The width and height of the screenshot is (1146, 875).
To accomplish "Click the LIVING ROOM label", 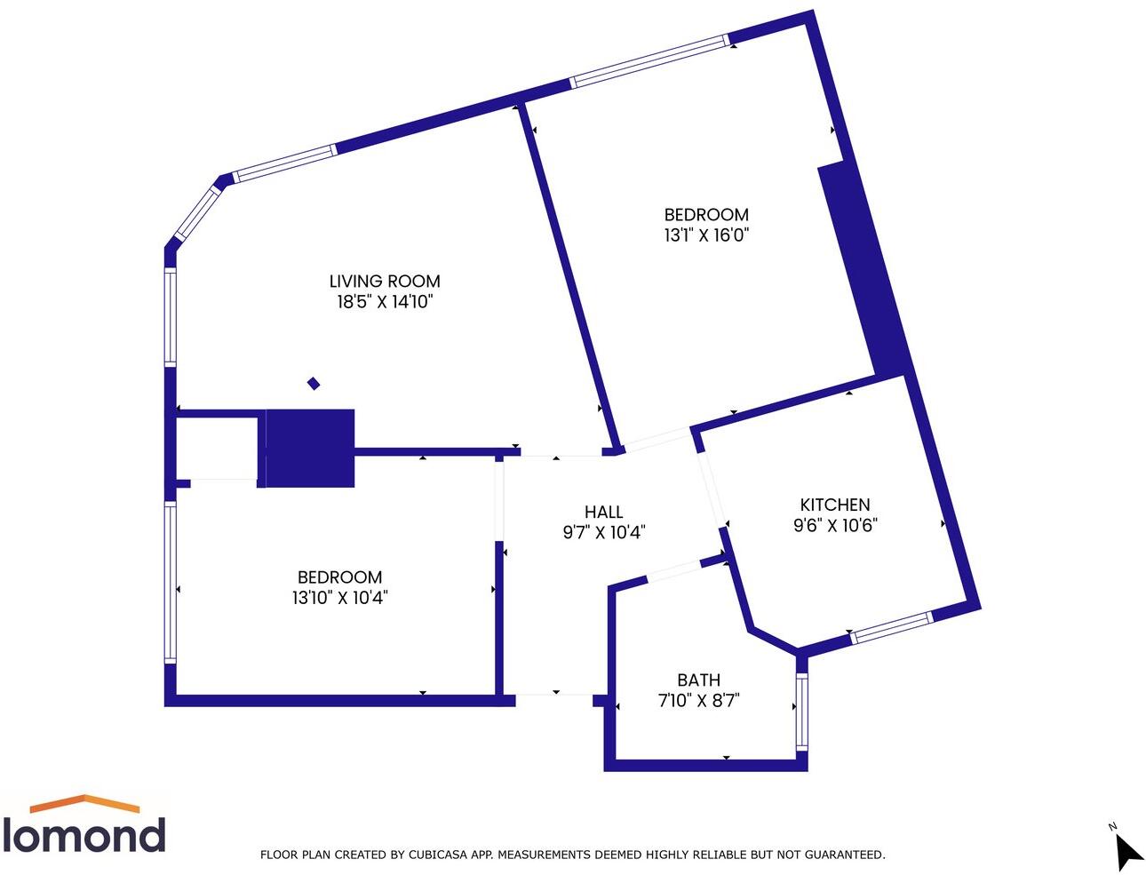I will click(385, 281).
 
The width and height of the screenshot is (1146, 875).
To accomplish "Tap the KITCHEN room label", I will click(835, 505).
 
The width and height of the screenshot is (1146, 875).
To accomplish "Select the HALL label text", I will click(603, 512).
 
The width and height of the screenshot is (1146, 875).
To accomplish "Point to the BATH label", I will click(698, 680).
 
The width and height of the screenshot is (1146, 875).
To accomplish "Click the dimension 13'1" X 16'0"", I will click(706, 235).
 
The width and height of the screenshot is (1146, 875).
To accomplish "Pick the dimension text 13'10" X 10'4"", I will click(339, 598).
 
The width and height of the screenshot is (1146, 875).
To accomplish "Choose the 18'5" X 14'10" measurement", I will click(385, 302).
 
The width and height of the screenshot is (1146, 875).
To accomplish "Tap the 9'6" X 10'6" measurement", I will click(835, 525).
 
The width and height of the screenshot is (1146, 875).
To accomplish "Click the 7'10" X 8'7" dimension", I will click(698, 701).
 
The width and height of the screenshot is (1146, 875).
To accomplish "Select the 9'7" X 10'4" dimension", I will click(603, 533).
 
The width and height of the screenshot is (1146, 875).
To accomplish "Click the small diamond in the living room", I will click(314, 384).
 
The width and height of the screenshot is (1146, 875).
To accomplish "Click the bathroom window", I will click(802, 712).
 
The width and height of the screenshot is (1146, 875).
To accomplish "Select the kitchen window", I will click(891, 627).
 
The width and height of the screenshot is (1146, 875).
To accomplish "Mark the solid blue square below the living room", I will click(310, 448).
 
